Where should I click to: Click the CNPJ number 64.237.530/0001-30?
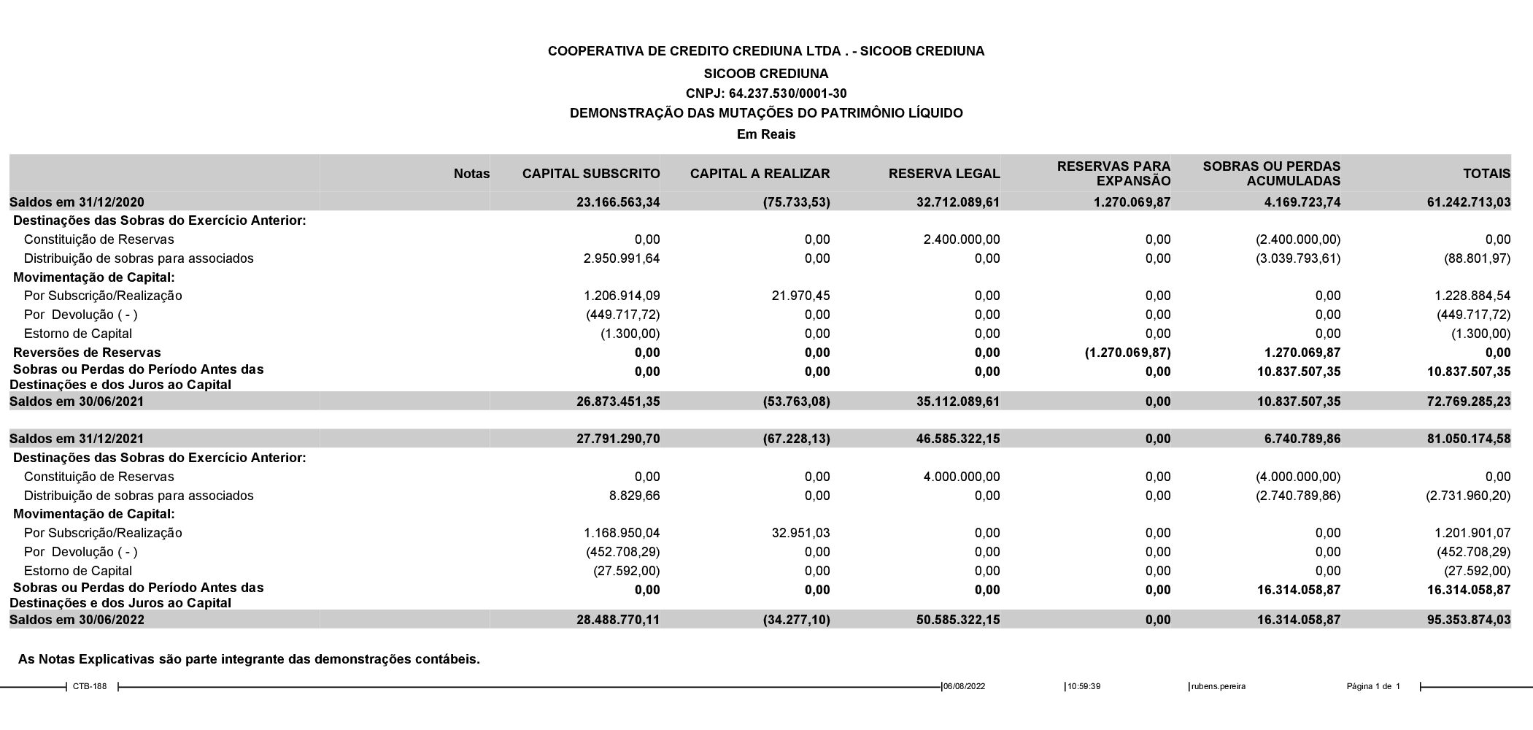pyautogui.click(x=766, y=93)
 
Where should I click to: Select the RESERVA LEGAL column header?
pyautogui.click(x=944, y=174)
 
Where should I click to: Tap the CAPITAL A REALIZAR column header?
pyautogui.click(x=760, y=174)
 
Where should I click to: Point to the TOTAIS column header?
pyautogui.click(x=1486, y=174)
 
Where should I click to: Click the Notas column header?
pyautogui.click(x=471, y=174)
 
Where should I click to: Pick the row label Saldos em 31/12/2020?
pyautogui.click(x=77, y=202)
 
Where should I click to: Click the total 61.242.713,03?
pyautogui.click(x=1468, y=202)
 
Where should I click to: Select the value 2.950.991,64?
pyautogui.click(x=622, y=258)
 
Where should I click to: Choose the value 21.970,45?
pyautogui.click(x=800, y=296)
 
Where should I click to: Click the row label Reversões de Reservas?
pyautogui.click(x=87, y=353)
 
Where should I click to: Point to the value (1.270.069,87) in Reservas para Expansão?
pyautogui.click(x=1127, y=353)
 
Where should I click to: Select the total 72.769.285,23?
pyautogui.click(x=1468, y=401)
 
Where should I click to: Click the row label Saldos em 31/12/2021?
pyautogui.click(x=77, y=439)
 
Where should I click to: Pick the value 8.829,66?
pyautogui.click(x=634, y=496)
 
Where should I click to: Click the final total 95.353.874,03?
pyautogui.click(x=1468, y=620)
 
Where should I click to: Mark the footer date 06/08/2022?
pyautogui.click(x=965, y=686)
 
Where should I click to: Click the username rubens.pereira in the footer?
pyautogui.click(x=1219, y=686)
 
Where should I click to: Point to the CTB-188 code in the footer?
pyautogui.click(x=90, y=686)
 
